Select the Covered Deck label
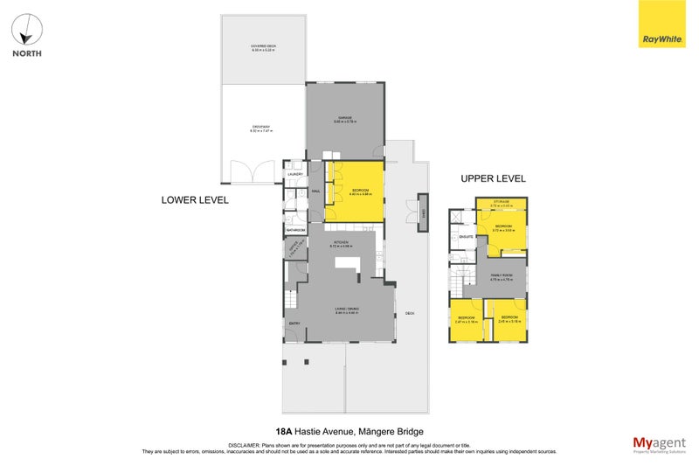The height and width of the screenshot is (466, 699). tap(263, 48)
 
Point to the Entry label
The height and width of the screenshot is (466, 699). tap(294, 323)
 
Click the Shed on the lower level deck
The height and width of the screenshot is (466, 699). tap(423, 213)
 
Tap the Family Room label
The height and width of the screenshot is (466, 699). tap(501, 275)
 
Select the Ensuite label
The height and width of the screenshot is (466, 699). tap(466, 236)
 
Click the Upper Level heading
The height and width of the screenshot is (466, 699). tap(493, 178)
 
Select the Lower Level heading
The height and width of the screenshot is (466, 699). tap(195, 199)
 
